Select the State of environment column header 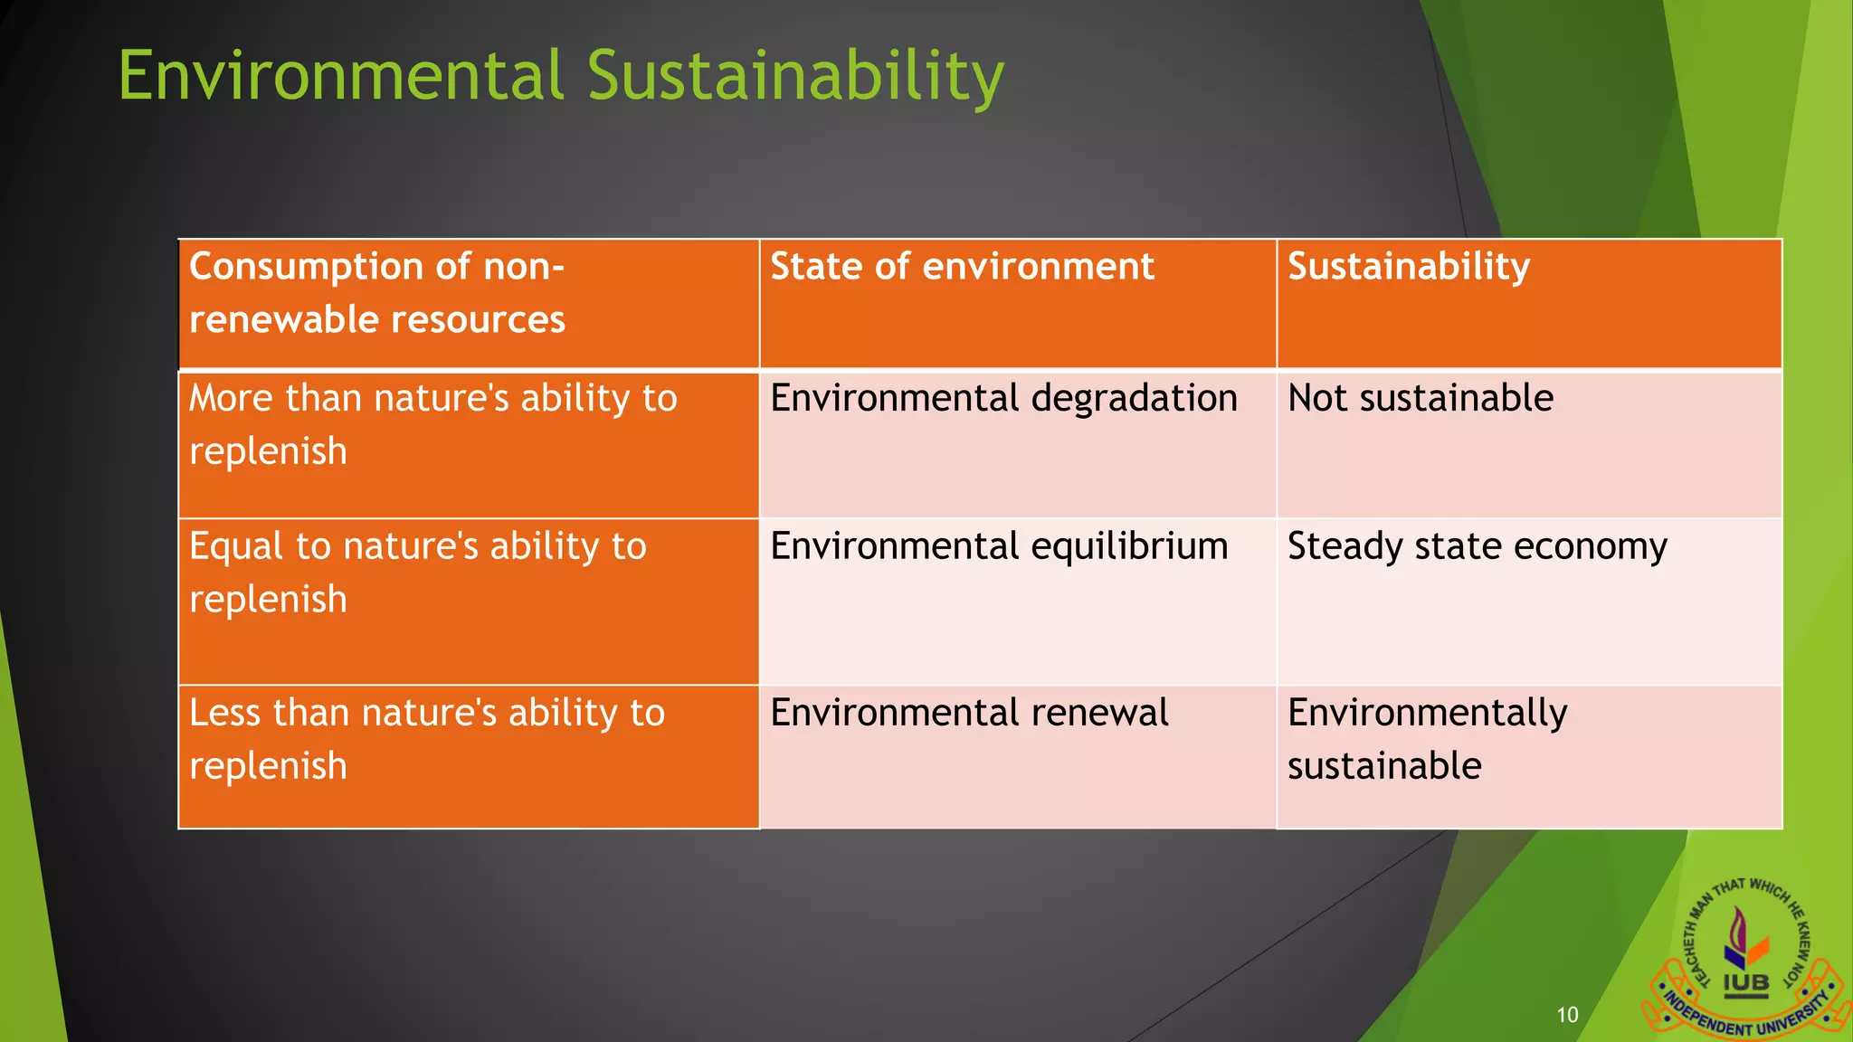tap(961, 267)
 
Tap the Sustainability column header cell tap(1408, 267)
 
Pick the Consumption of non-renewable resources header tap(376, 293)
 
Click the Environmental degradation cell tap(1003, 399)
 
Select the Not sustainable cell tap(1420, 399)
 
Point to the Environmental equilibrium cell tap(998, 547)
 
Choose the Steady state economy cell tap(1476, 547)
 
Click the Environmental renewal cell tap(968, 714)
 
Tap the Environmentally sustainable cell tap(1426, 739)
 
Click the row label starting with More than tap(432, 424)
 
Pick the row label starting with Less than tap(426, 739)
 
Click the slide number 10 tap(1567, 1015)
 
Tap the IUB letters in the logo tap(1745, 983)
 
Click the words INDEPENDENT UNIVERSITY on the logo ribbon tap(1746, 1019)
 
